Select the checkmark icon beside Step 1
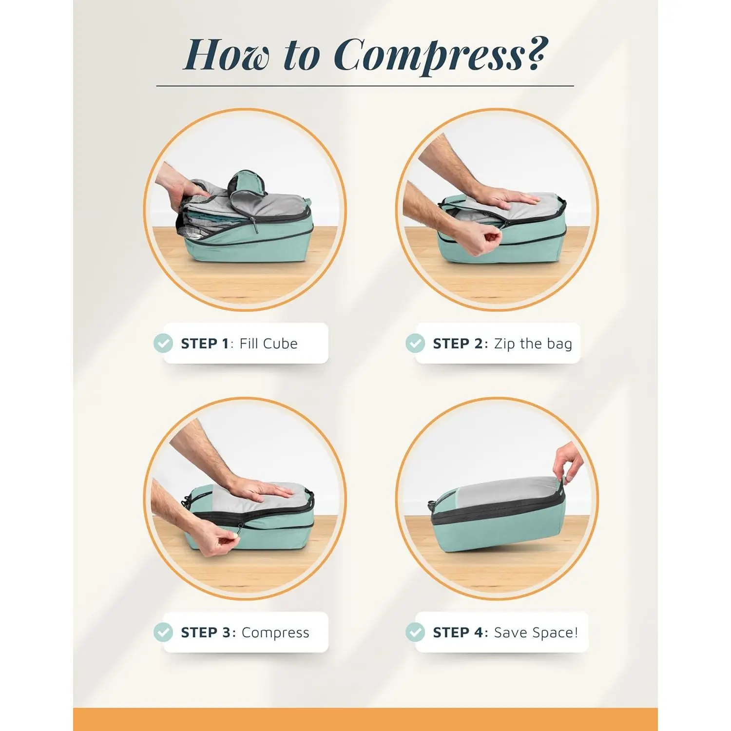pos(163,343)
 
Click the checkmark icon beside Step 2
pos(415,343)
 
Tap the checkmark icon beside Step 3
pos(163,632)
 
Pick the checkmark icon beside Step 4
pos(415,632)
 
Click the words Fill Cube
pos(269,344)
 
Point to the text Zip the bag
pos(533,344)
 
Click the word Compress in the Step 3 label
pos(275,633)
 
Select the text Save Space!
pos(536,633)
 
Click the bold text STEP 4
pos(458,633)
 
